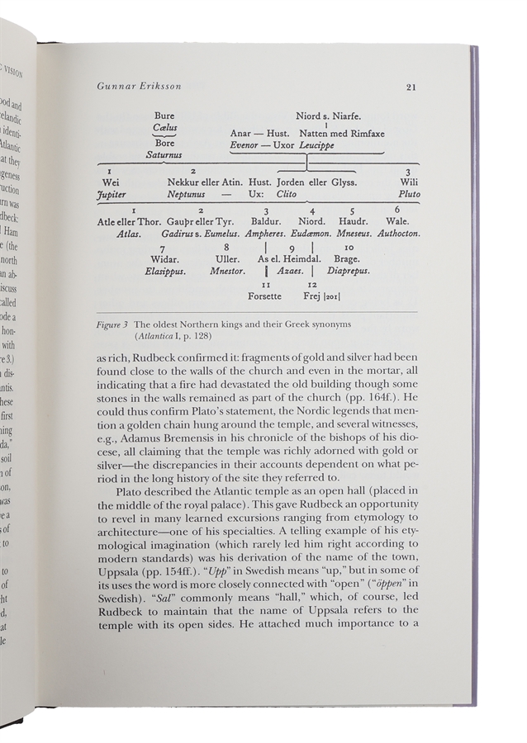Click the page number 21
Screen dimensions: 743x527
pos(411,88)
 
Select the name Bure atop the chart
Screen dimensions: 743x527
pos(164,117)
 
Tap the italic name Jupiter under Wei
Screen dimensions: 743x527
pos(112,194)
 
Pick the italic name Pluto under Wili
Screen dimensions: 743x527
pos(409,194)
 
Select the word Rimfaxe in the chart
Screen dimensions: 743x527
pos(365,132)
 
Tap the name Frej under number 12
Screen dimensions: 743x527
pos(310,296)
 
